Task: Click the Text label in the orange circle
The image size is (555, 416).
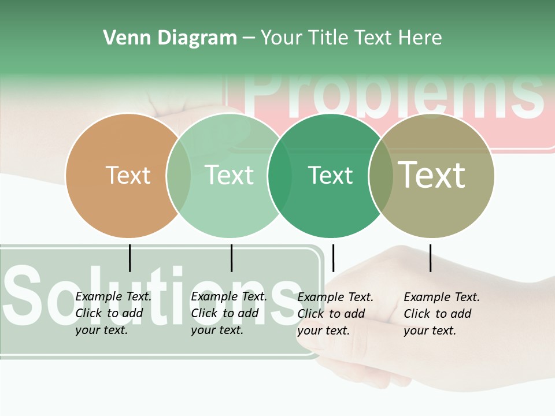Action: coord(128,175)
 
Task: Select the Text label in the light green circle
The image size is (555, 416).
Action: coord(229,175)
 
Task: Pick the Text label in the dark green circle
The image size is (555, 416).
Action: coord(330,175)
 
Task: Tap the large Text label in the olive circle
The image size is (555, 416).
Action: coord(431,175)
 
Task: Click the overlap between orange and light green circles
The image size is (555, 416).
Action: coord(179,176)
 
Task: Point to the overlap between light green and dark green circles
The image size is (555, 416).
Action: coord(280,176)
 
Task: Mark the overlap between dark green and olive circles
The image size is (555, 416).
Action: coord(380,176)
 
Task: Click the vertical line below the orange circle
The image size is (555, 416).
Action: coord(130,258)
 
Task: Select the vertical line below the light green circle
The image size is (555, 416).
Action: coord(231,258)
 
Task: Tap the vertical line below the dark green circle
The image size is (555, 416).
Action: coord(333,258)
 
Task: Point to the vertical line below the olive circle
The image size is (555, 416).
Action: coord(431,258)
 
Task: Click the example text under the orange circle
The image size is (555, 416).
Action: coord(113,313)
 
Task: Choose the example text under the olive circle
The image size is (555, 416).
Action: coord(441,314)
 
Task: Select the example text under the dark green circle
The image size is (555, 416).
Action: coord(335,314)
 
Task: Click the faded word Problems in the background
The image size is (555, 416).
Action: coord(393,95)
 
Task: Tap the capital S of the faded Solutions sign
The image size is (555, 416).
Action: coord(25,295)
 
